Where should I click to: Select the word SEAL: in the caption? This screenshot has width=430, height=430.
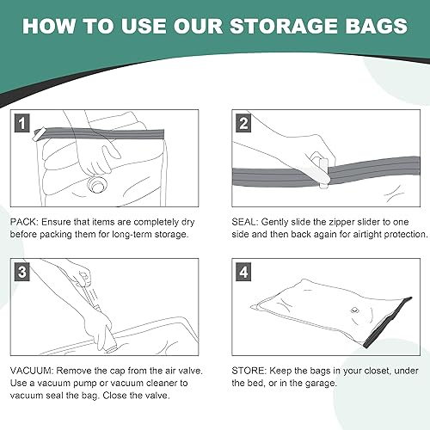tap(243, 221)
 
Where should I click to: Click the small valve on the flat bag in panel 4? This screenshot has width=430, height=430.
tap(352, 311)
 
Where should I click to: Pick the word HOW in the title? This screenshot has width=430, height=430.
tap(50, 25)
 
